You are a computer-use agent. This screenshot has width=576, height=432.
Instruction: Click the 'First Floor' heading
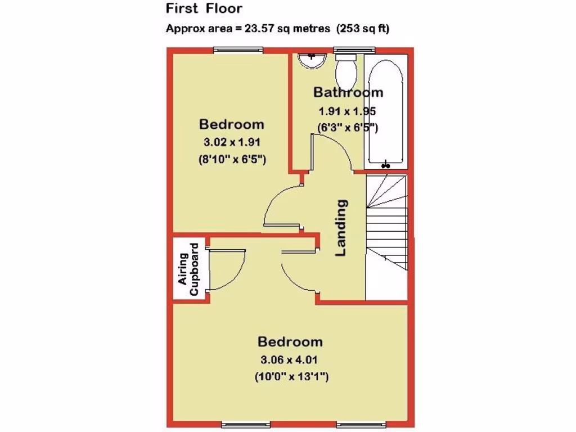point(204,8)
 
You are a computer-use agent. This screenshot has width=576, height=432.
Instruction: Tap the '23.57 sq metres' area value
point(287,29)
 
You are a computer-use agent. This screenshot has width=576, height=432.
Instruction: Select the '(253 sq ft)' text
point(363,29)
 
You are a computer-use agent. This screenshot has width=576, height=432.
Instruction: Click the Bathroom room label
point(348,92)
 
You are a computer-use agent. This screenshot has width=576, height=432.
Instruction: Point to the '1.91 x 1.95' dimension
point(347,111)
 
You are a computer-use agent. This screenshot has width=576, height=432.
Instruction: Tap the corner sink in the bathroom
point(311,59)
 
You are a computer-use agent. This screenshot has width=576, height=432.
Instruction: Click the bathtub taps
point(385,165)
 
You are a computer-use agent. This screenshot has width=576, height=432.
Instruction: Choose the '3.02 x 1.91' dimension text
point(232,142)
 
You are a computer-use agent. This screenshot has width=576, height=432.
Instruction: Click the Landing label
point(341,228)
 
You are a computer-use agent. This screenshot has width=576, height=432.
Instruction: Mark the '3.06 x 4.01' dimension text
point(290,360)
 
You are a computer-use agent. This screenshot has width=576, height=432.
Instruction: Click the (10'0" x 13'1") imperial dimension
point(291,377)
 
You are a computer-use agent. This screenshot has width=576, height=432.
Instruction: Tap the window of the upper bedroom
point(238,51)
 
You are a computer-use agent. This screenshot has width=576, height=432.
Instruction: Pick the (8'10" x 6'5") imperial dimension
point(232,159)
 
